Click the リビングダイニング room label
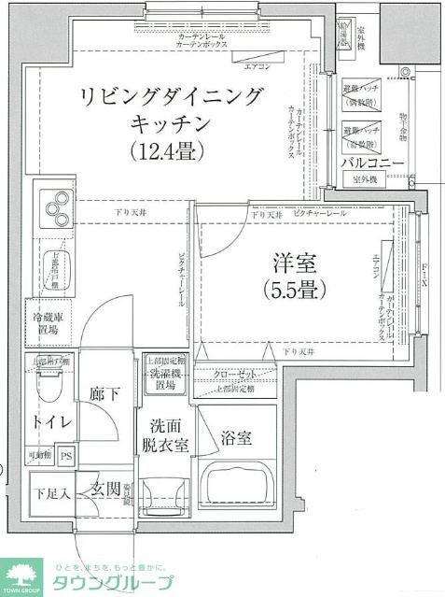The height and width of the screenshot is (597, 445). (173, 97)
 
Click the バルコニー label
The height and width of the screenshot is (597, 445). (372, 163)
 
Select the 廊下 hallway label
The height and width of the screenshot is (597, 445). (103, 393)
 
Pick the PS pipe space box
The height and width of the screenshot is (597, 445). (65, 456)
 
